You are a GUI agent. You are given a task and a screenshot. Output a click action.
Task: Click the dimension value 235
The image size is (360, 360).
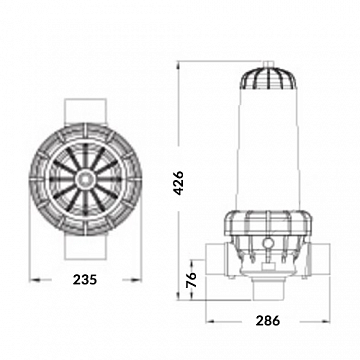[x=85, y=279]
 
